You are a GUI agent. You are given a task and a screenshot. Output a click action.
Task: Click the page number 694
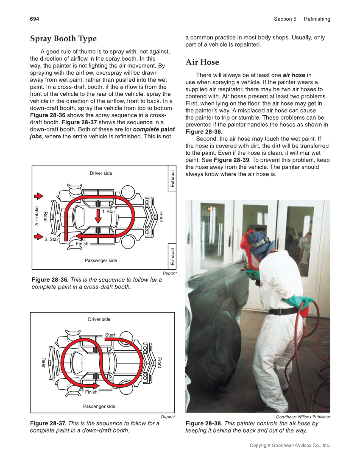34,19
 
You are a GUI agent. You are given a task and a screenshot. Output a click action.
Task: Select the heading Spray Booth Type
63,39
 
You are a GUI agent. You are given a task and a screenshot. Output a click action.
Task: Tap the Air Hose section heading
202,62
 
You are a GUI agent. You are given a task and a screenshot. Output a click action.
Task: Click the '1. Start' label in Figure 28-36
109,212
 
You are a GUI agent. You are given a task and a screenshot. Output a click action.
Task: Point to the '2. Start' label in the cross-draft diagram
52,240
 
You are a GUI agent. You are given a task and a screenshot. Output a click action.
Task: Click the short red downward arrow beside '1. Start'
98,216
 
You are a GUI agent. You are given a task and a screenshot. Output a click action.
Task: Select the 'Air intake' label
37,216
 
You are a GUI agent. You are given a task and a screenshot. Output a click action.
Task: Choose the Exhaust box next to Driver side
172,179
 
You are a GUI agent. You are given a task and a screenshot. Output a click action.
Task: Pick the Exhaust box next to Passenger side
172,257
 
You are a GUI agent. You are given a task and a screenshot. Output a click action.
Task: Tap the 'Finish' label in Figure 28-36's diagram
82,244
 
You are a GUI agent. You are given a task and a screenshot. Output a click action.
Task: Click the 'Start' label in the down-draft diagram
110,335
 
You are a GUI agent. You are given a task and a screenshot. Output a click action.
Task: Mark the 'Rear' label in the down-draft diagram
43,363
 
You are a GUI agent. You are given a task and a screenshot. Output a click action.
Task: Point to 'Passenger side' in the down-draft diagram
99,406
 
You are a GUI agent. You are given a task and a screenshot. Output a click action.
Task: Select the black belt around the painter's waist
282,311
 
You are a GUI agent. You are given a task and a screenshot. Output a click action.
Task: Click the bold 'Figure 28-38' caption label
203,424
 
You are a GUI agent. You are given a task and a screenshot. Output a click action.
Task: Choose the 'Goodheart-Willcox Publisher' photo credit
303,417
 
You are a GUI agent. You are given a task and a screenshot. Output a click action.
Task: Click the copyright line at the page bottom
290,445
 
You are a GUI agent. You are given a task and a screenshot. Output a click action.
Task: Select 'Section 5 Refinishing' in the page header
301,19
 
